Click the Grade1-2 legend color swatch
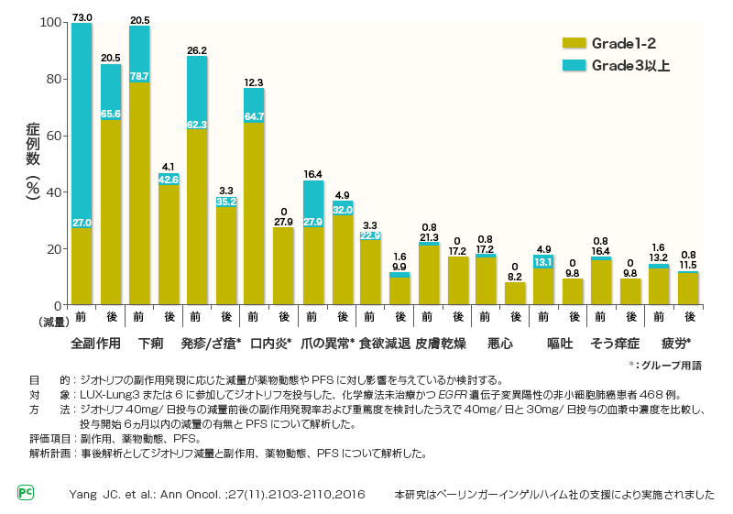tap(573, 43)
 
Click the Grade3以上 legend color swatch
tap(573, 66)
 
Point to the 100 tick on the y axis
tap(51, 22)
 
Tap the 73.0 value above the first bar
tap(82, 16)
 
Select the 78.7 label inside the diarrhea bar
tap(139, 76)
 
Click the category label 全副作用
tap(96, 344)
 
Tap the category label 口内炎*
tap(268, 344)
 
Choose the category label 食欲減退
tap(385, 344)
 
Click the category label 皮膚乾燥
tap(442, 344)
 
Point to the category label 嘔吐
tap(558, 344)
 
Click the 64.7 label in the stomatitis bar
tap(255, 116)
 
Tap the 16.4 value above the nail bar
tap(313, 173)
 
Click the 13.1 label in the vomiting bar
tap(544, 262)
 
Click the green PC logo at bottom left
tap(26, 493)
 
